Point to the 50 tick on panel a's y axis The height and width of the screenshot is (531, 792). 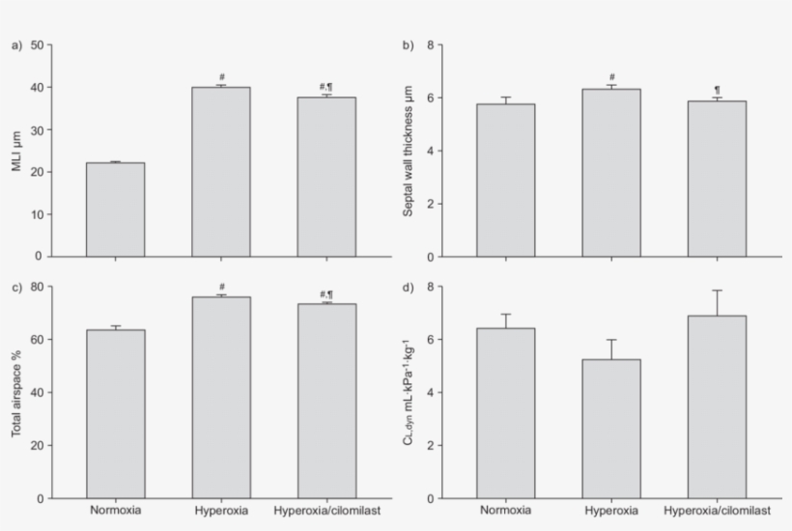coord(36,44)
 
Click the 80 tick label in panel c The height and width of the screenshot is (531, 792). coord(36,287)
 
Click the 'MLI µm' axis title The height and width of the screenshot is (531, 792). coord(16,152)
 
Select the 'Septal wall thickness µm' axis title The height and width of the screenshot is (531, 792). coord(409,151)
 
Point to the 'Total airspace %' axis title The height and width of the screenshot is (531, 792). coord(16,393)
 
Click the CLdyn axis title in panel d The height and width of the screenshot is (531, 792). coord(409,393)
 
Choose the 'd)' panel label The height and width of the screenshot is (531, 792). coord(408,287)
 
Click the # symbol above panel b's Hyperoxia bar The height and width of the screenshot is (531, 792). coord(611,77)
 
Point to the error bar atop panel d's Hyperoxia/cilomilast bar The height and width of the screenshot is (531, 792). coord(717,302)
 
